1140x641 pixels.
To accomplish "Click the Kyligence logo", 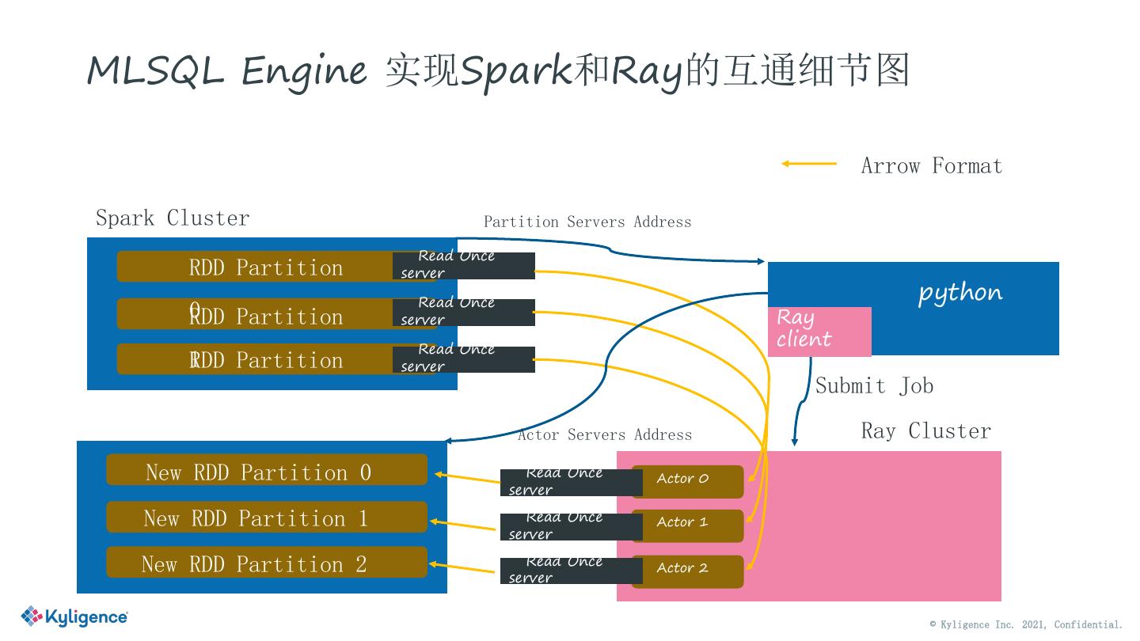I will tap(74, 616).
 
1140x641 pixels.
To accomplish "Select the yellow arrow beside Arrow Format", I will tap(808, 164).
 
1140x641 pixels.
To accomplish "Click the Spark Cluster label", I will tap(173, 218).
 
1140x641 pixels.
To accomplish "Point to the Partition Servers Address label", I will tap(587, 222).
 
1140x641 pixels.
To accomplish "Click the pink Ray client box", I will tap(819, 331).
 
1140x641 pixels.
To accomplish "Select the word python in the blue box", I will tap(959, 293).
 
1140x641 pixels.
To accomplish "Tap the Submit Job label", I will tap(874, 386).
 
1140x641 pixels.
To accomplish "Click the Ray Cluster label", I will tap(925, 431).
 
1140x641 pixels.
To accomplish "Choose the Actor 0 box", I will tap(687, 480).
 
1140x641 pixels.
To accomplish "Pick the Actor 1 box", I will tap(687, 525).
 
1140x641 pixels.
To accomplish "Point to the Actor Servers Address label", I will tap(605, 435).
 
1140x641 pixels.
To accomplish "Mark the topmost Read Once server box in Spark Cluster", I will tap(464, 265).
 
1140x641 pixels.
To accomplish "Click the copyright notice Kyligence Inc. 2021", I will tap(1026, 624).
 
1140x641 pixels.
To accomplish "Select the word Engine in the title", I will tap(304, 71).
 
